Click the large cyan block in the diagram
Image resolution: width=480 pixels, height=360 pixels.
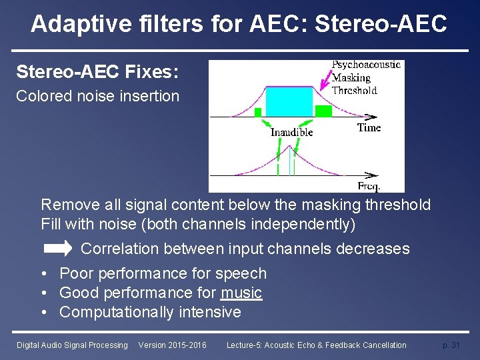tap(289, 102)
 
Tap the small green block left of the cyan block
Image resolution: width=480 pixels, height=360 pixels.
tap(258, 113)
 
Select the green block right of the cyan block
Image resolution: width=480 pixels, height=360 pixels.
tap(323, 111)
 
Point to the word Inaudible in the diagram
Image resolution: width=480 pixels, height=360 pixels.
tap(291, 132)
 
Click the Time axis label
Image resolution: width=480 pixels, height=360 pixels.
tap(369, 127)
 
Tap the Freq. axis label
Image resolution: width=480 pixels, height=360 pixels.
tap(369, 186)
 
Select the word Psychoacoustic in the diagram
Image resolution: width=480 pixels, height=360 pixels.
tap(366, 65)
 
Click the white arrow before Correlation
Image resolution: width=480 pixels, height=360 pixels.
tap(58, 249)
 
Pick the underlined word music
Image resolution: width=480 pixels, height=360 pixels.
tap(241, 293)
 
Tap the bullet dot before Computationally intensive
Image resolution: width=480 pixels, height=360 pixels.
tap(43, 312)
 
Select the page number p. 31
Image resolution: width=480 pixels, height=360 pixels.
tap(451, 345)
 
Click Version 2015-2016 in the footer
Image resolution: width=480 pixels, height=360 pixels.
tap(172, 345)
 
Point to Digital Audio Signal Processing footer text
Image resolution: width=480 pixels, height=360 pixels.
tap(72, 345)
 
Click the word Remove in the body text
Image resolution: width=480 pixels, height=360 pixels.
tap(67, 205)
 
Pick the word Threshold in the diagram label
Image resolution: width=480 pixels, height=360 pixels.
tap(354, 90)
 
